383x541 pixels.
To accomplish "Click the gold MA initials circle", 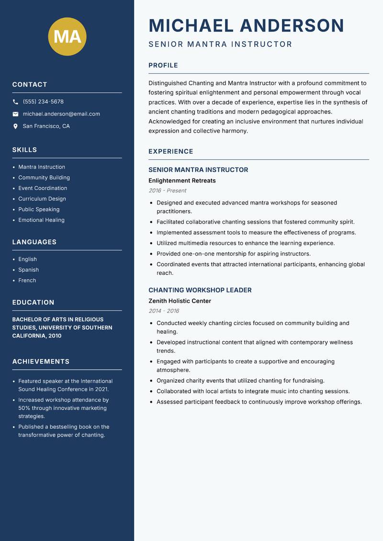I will [x=67, y=36].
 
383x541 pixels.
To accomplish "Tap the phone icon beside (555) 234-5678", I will [x=15, y=102].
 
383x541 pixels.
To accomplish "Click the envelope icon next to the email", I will [x=15, y=114].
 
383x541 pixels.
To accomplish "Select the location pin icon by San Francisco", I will [x=15, y=126].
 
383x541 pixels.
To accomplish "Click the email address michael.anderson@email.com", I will [x=61, y=114].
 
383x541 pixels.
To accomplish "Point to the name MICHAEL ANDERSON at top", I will [x=246, y=25].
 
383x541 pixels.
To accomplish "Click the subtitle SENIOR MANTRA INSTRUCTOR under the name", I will [x=220, y=44].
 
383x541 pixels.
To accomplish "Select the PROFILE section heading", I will [x=163, y=66].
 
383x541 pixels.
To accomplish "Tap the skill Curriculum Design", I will [x=42, y=199].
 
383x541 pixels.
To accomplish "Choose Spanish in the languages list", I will [x=28, y=270].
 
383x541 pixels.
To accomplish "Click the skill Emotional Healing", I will [x=41, y=220].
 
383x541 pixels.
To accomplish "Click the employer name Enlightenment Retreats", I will [x=182, y=180].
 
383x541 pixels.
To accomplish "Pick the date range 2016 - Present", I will [x=168, y=191].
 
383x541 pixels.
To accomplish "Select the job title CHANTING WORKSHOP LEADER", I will [x=200, y=290].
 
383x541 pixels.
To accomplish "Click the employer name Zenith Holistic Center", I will [x=180, y=301].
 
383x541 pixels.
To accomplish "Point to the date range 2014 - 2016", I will [x=164, y=311].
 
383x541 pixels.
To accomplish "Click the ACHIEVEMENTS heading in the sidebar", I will [x=41, y=361].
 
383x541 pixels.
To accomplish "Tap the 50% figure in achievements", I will [x=24, y=408].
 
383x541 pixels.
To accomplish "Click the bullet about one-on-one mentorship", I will [x=233, y=254].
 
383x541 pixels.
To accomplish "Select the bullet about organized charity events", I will [x=240, y=381].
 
